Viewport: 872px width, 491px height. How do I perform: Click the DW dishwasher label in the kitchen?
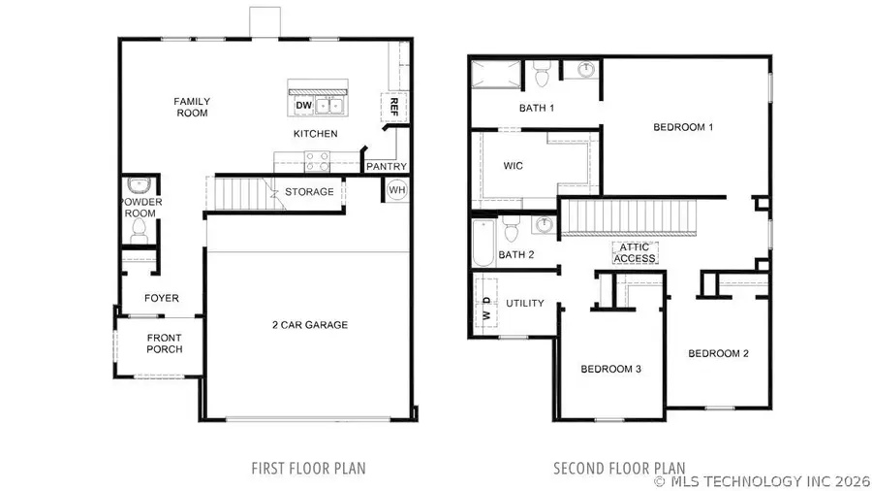[303, 105]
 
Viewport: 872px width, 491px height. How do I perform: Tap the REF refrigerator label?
[393, 105]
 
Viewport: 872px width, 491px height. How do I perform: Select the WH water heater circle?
[396, 191]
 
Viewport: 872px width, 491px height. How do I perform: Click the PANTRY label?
[386, 167]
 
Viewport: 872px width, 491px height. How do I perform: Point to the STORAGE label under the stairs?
[309, 192]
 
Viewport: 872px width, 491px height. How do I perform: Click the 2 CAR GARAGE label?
[309, 325]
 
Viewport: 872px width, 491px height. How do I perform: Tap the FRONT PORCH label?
[164, 344]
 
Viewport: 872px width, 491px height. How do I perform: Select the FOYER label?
[162, 298]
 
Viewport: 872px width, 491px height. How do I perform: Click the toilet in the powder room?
[139, 230]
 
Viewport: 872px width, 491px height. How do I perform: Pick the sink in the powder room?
[137, 185]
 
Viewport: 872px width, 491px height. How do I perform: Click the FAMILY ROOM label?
[192, 107]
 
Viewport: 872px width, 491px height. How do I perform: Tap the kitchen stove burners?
[317, 160]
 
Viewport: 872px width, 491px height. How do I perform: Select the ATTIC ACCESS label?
[636, 253]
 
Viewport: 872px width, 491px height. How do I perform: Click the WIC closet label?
[514, 166]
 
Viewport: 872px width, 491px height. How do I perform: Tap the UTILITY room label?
[524, 304]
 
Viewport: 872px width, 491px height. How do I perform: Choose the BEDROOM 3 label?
[610, 369]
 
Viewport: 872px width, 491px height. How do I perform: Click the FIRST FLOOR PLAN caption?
[308, 469]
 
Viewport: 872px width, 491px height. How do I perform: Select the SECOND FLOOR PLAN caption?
[619, 469]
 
